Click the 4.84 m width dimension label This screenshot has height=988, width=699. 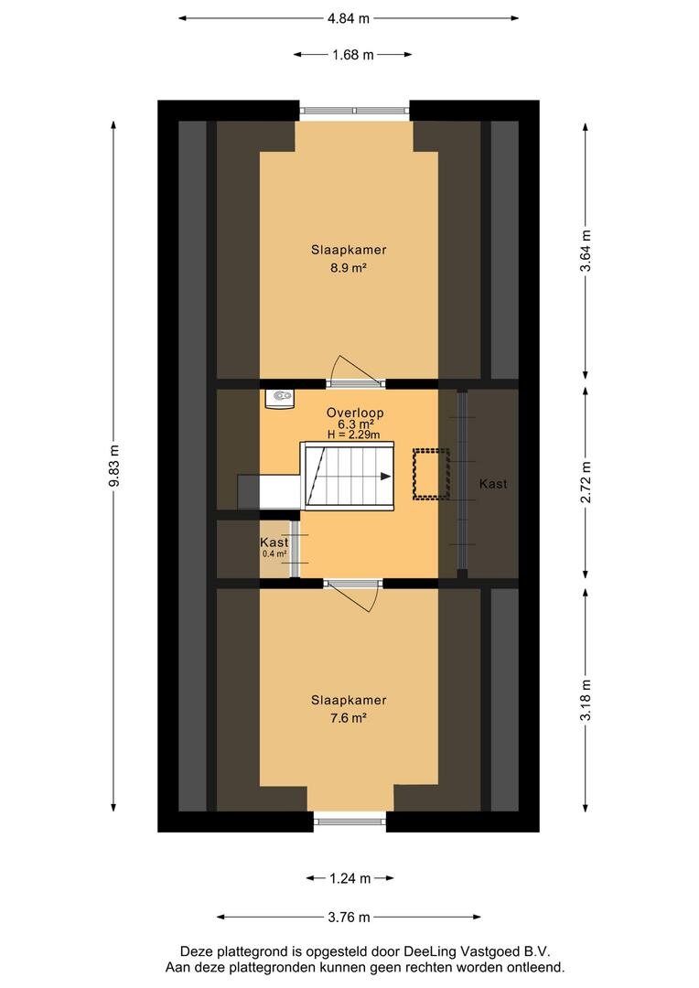tap(348, 18)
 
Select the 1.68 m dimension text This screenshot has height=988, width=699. tap(353, 55)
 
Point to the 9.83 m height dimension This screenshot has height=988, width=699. tap(114, 466)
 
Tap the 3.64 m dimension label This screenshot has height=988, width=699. tap(586, 250)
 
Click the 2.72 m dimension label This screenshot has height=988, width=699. tap(586, 482)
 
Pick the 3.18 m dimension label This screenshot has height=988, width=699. tap(586, 700)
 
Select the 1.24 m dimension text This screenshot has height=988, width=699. tap(349, 877)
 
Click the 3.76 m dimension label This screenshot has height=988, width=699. tap(349, 917)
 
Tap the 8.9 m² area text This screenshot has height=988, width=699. tap(349, 268)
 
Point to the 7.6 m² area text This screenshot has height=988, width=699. tap(349, 718)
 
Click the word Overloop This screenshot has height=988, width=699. tap(355, 413)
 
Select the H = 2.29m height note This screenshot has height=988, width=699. tap(353, 435)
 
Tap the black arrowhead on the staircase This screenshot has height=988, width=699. tap(386, 477)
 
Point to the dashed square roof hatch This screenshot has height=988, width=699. tap(431, 474)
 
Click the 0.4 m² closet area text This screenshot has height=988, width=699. tap(274, 553)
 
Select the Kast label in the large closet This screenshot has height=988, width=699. tap(493, 484)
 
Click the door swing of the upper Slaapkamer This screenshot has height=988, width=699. tap(358, 369)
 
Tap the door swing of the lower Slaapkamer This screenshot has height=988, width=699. tap(352, 596)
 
